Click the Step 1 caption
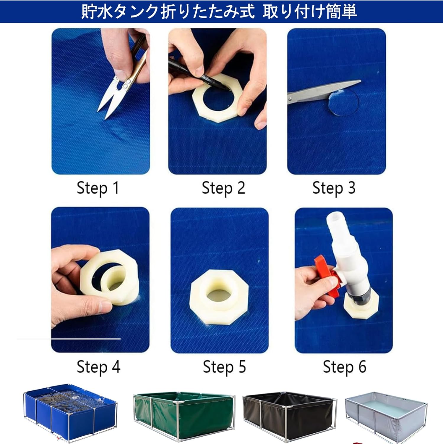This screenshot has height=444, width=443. pyautogui.click(x=98, y=188)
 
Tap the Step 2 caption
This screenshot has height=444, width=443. pyautogui.click(x=223, y=188)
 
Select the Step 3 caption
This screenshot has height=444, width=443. pyautogui.click(x=334, y=188)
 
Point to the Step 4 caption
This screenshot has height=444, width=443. pyautogui.click(x=98, y=367)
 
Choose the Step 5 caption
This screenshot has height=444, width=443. pyautogui.click(x=224, y=367)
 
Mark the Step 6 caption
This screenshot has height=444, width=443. pyautogui.click(x=345, y=367)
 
